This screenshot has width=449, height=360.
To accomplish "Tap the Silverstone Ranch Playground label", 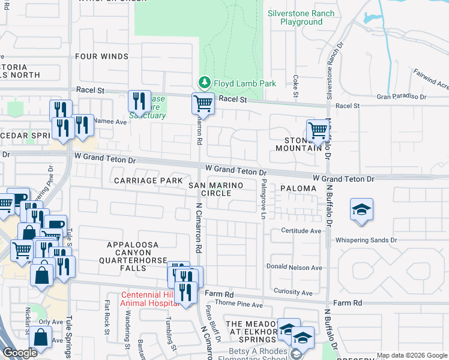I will pos(301,17).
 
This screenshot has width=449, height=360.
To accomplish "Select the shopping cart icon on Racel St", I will pos(203,103).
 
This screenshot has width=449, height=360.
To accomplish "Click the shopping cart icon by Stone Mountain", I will pos(318,130).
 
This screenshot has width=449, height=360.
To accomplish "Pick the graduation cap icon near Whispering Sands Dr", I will pos(361,209).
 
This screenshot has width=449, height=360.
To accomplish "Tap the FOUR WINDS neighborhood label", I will pos(101,56).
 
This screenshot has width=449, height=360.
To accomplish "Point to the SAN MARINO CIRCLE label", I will pos(217,190).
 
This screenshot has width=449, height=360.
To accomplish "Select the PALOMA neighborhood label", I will pos(298,188).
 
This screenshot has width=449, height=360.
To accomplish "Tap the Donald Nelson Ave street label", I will pos(294,268).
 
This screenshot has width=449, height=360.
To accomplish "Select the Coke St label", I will pos(295,82).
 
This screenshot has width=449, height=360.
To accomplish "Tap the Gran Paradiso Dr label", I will pos(401,96).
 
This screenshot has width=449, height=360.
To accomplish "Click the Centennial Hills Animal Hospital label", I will pos(150,299).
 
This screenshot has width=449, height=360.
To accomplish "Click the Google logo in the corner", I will pos(20,353).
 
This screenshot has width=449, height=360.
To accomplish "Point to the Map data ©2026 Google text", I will pos(411,355).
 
